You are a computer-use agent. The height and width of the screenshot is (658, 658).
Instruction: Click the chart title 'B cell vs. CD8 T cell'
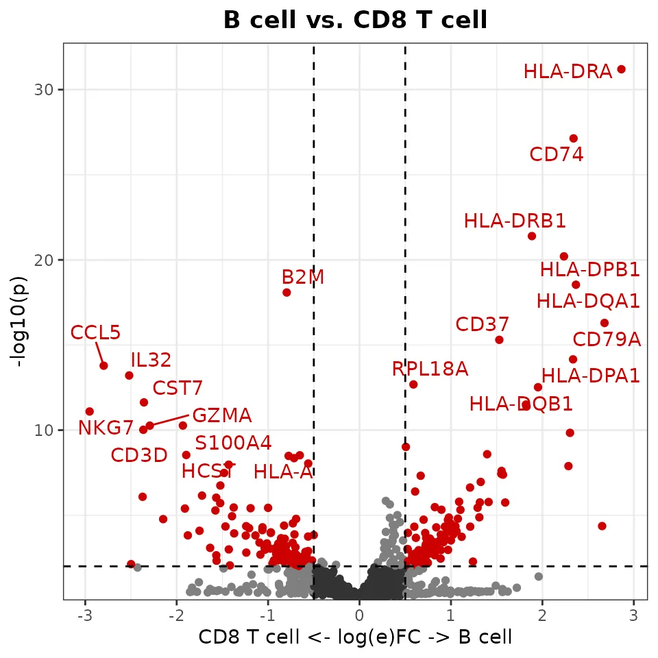point(355,21)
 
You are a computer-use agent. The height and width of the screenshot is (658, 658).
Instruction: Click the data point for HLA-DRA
point(621,69)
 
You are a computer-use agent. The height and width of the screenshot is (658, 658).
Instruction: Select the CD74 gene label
point(557,155)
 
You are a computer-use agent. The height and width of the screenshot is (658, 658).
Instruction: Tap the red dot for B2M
point(287,293)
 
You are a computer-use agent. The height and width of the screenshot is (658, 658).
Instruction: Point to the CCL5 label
point(95,333)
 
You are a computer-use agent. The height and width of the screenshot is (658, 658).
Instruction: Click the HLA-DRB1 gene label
point(515,221)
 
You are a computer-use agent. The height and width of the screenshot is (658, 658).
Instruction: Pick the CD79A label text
point(607,340)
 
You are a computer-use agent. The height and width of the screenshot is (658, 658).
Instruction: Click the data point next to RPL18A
point(413,385)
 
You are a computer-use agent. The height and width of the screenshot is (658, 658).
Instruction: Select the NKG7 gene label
point(106,428)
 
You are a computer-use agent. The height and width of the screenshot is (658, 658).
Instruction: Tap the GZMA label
point(221,415)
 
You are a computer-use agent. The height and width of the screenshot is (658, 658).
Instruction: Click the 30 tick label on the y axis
point(45,90)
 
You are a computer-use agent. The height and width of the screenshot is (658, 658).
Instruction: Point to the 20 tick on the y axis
point(45,260)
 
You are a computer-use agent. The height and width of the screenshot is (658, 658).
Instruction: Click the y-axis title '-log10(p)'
point(21,321)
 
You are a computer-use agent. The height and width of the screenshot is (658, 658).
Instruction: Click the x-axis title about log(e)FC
point(355,637)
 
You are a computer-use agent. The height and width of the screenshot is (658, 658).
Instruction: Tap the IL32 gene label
point(151,361)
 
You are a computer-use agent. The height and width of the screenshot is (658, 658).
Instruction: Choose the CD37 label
point(483,324)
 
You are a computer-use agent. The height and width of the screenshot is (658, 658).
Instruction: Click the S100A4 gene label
point(233,443)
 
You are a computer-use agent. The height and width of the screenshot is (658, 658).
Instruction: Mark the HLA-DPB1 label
point(590,270)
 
